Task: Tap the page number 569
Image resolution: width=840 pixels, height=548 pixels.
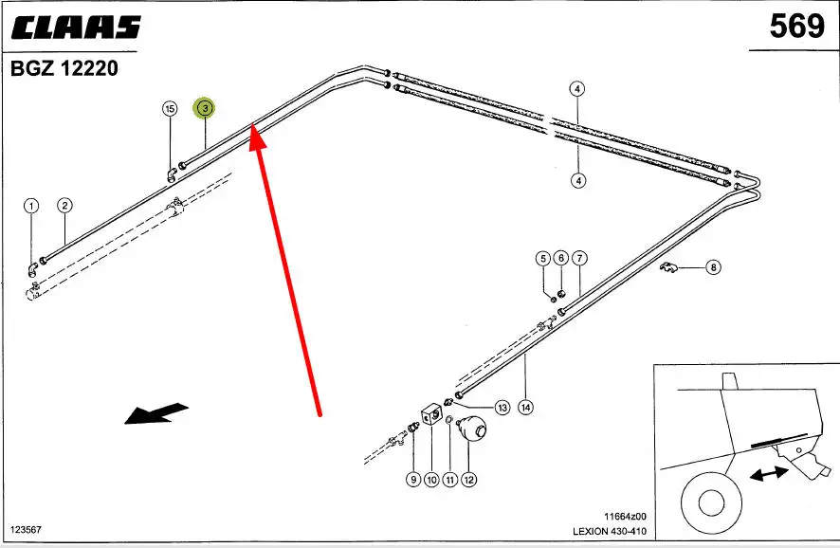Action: (x=796, y=26)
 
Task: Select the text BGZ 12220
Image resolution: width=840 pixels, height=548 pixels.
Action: (x=64, y=69)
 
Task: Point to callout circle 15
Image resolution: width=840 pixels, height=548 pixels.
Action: (x=170, y=109)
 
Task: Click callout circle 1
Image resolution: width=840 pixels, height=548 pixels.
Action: (x=31, y=205)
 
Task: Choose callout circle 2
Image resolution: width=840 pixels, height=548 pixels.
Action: (x=64, y=205)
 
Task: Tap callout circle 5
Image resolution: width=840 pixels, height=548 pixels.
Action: (x=543, y=258)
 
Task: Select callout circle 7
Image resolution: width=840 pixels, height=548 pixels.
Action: (x=579, y=258)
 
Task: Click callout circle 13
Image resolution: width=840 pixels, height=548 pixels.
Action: (x=502, y=408)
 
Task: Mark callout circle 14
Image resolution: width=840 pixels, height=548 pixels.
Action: (x=525, y=408)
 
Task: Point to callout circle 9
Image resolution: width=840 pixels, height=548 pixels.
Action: (x=413, y=480)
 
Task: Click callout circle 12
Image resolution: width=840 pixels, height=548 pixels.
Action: (x=468, y=480)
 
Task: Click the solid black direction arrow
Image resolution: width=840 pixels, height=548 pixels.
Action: (x=155, y=413)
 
